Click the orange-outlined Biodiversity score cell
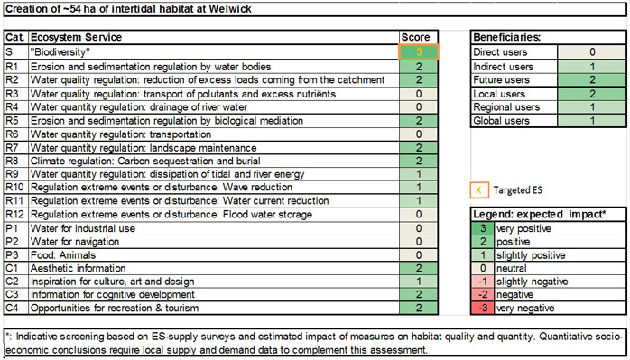(418, 52)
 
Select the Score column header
(418, 38)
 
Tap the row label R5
(13, 120)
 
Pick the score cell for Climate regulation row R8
(418, 161)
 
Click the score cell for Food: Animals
(418, 254)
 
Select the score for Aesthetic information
(418, 268)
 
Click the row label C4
(13, 309)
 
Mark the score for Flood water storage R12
(418, 215)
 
